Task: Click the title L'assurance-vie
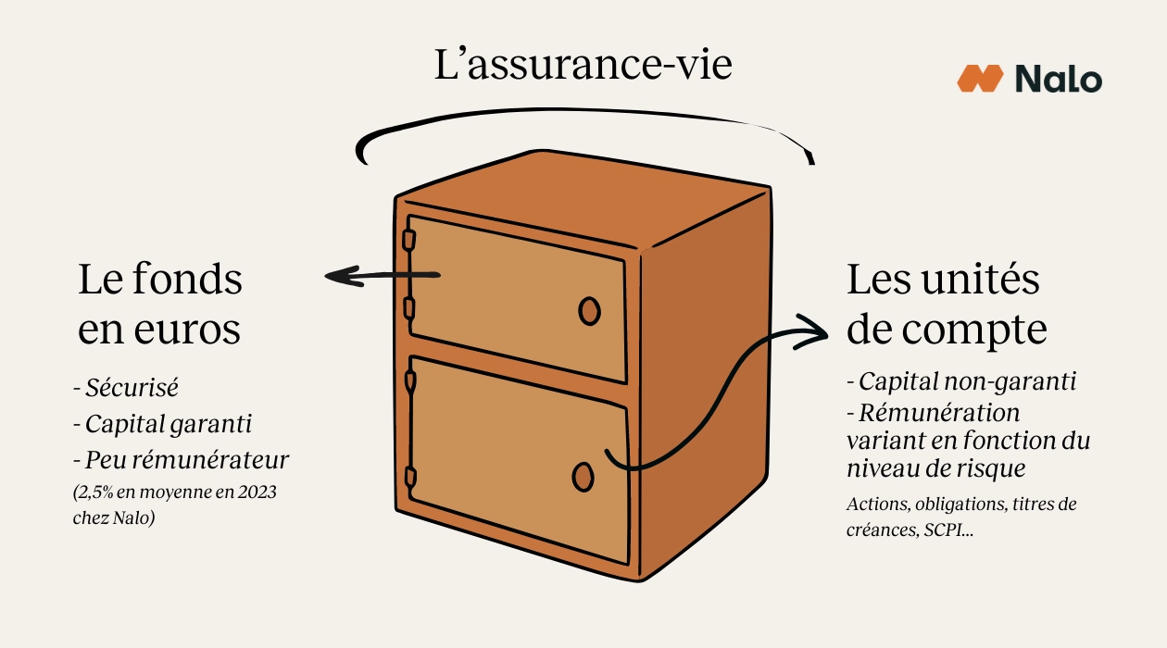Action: tap(583, 67)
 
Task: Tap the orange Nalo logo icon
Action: tap(980, 79)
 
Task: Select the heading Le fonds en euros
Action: tap(159, 305)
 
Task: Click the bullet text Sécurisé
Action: tap(131, 387)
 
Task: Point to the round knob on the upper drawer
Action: tap(589, 312)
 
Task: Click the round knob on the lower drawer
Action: tap(583, 476)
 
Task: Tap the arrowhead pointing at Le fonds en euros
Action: tap(339, 275)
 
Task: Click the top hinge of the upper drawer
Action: tap(408, 240)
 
